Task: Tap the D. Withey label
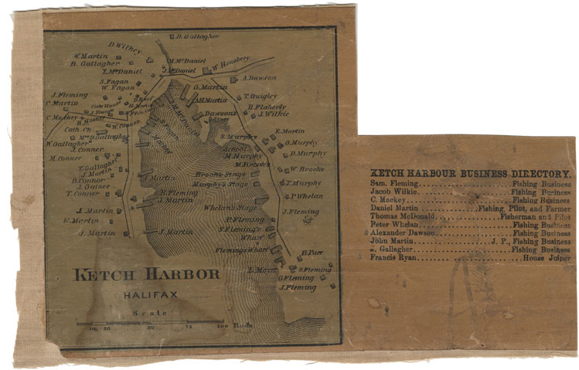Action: click(x=124, y=47)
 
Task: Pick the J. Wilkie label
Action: click(x=273, y=114)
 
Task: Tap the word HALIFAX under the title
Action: click(x=144, y=294)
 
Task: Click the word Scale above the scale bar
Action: click(x=145, y=313)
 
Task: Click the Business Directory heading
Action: click(x=471, y=174)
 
